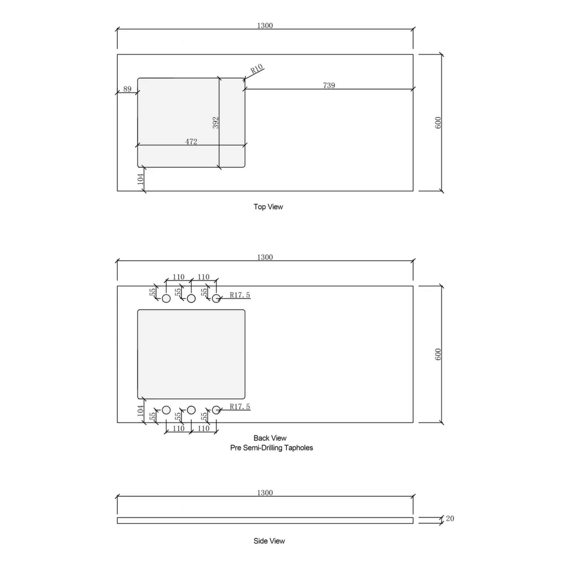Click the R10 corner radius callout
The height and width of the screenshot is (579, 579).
[257, 69]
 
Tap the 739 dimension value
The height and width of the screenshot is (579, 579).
[329, 85]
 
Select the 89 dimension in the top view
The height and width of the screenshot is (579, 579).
[128, 89]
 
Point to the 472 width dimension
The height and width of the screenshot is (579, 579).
[191, 141]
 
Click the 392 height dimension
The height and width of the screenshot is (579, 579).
[215, 123]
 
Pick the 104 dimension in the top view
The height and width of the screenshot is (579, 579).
[141, 179]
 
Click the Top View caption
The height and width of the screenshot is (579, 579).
[268, 207]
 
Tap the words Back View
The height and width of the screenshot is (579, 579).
[270, 438]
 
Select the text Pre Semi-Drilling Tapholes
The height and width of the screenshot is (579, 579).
[271, 448]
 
